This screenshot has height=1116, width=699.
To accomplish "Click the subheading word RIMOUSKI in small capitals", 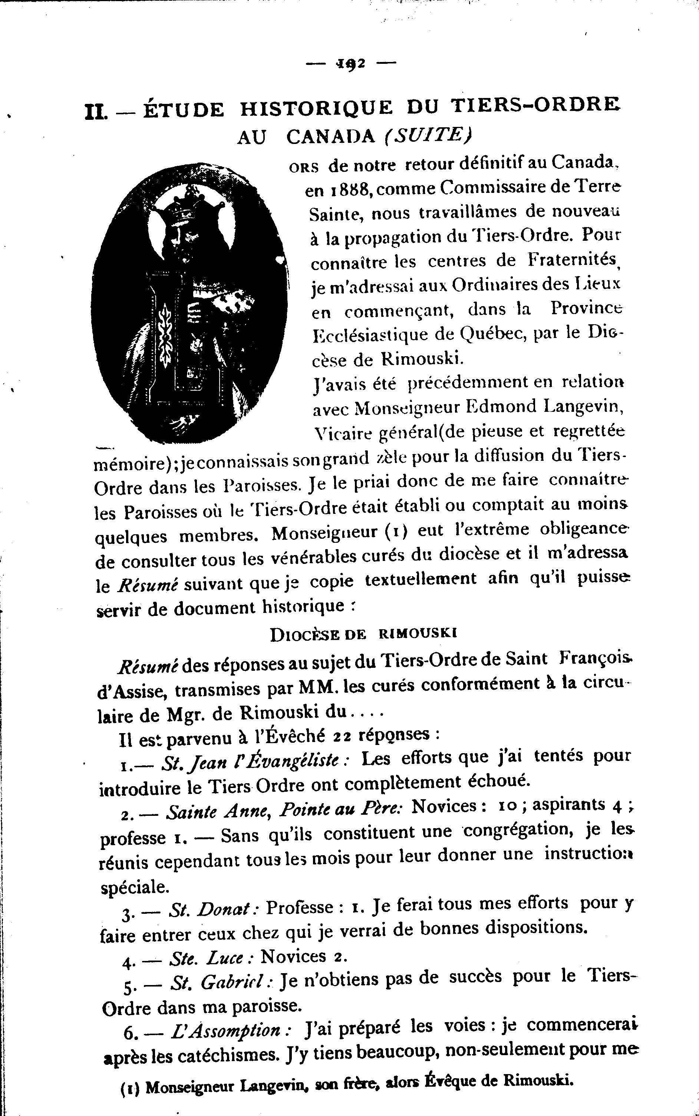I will point(418,634).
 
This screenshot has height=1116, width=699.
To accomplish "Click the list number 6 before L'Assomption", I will point(129,1033).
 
